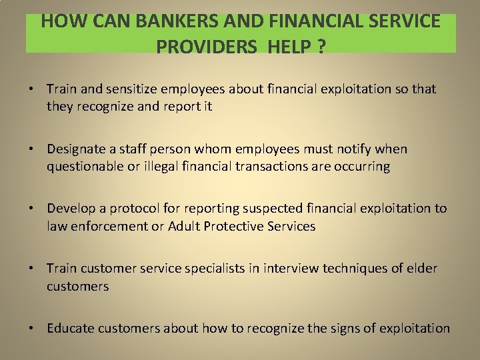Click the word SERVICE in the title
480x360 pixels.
coord(405,21)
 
